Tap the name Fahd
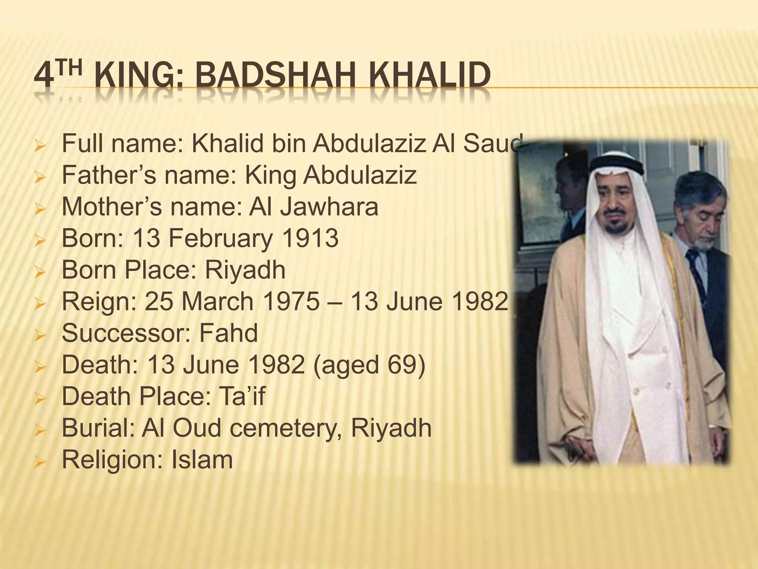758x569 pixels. pos(228,333)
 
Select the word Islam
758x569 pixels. pos(202,460)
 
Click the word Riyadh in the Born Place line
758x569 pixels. pos(245,270)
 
